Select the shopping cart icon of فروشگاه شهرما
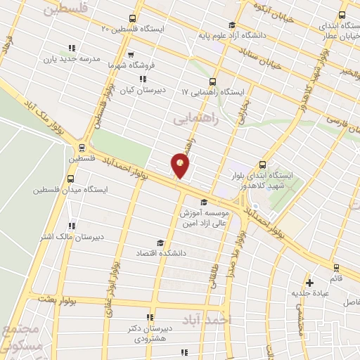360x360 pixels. pos(131,53)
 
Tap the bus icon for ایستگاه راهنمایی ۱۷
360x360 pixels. pos(213,82)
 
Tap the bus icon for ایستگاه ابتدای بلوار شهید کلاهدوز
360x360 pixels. pos(263,163)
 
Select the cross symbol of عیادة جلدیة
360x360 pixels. pos(309,283)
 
